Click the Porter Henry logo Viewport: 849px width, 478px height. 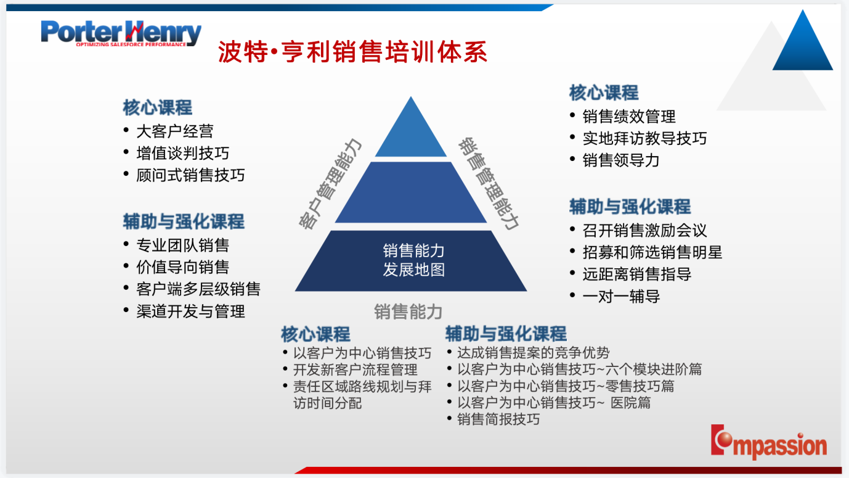coord(121,33)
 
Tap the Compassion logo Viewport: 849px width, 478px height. coord(769,442)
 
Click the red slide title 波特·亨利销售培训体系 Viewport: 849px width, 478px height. coord(352,52)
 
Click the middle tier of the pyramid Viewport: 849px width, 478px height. coord(411,192)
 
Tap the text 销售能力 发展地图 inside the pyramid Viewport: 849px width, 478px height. coord(413,260)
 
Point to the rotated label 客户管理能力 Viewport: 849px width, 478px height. coord(330,184)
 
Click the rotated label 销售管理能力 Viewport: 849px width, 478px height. coord(489,184)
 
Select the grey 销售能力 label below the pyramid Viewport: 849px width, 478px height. coord(408,311)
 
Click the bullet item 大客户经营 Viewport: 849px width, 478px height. coord(175,131)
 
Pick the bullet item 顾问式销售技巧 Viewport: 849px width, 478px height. coord(190,175)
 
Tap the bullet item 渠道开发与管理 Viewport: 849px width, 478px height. coord(190,311)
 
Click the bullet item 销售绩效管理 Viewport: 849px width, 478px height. coord(629,117)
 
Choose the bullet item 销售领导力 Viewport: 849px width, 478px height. coord(621,160)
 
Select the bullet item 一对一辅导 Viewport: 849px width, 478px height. coord(621,296)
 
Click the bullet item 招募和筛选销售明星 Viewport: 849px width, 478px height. coord(652,252)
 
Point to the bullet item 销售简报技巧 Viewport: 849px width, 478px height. coord(498,419)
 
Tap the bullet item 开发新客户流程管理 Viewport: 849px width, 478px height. coord(355,369)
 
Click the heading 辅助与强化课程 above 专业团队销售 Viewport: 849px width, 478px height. coord(184,221)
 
